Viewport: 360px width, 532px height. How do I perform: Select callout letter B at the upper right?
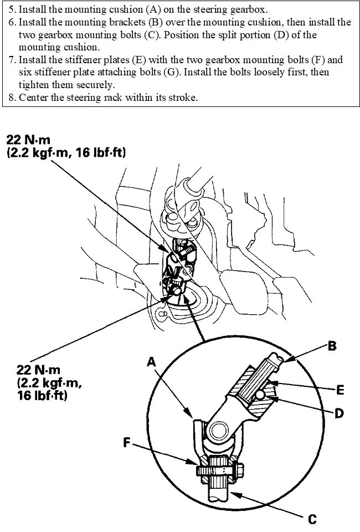point(332,346)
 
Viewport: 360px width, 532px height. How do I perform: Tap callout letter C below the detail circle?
point(312,519)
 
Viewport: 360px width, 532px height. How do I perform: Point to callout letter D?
point(338,413)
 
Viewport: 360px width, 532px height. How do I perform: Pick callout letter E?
point(339,391)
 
